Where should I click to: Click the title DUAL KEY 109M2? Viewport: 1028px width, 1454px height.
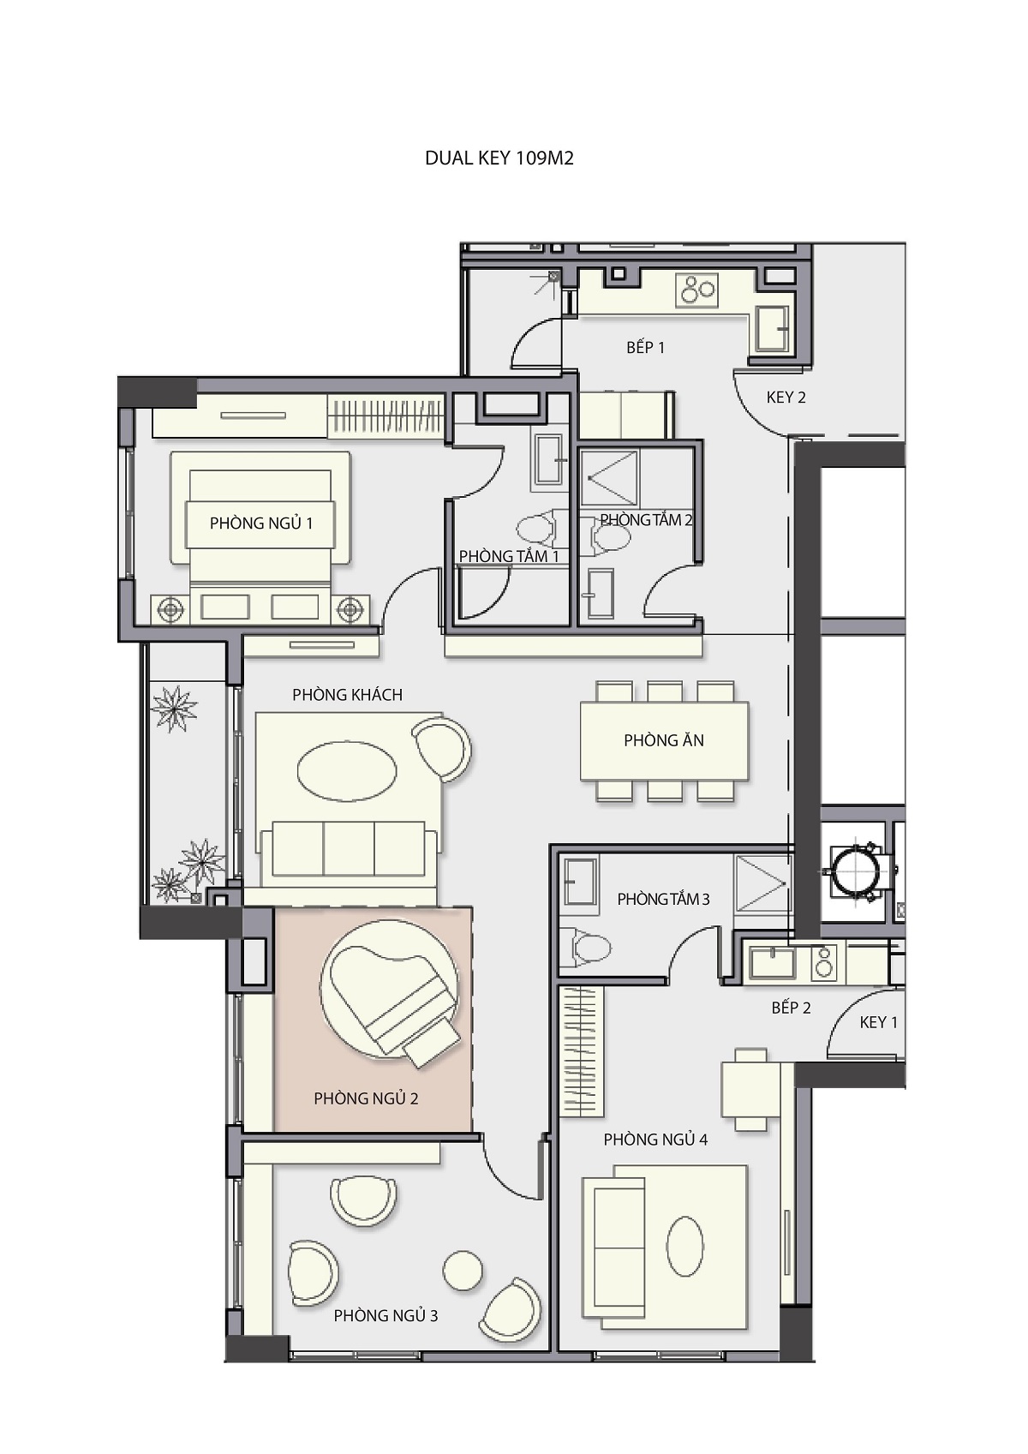point(499,159)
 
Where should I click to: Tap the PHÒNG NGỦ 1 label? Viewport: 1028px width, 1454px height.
point(261,523)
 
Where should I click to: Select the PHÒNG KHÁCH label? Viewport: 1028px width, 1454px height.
point(347,695)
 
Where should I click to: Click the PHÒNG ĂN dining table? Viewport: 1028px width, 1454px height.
point(664,740)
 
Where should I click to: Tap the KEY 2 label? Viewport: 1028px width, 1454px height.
point(786,398)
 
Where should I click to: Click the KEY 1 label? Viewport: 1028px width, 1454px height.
point(879,1022)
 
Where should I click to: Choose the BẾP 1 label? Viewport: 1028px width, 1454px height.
point(645,347)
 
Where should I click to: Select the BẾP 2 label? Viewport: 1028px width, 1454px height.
point(791,1008)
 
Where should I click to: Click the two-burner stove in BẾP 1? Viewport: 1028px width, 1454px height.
point(697,290)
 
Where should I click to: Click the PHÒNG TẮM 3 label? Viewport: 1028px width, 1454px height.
point(663,899)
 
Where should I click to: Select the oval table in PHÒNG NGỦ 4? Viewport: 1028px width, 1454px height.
point(684,1247)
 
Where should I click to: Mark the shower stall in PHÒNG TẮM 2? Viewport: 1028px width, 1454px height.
point(609,478)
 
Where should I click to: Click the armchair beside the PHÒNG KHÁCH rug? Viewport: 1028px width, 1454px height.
point(442,748)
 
